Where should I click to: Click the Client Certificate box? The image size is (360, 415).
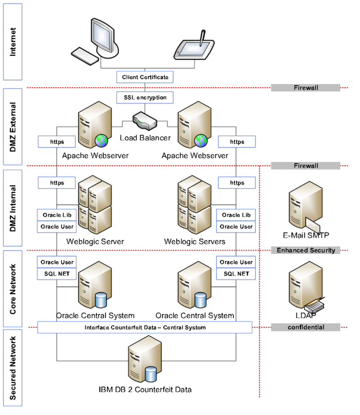coord(145,77)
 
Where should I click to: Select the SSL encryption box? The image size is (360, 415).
coord(145,98)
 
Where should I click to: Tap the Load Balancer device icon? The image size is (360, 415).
coord(145,121)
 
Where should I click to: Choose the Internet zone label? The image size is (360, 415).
coord(12,42)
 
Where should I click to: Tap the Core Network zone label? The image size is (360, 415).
coord(12,288)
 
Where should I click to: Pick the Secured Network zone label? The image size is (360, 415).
coord(12,368)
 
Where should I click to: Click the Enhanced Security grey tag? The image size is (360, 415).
coord(305,250)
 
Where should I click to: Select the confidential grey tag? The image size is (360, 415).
coord(305,327)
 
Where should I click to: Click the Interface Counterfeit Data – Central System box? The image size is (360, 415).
coord(145,327)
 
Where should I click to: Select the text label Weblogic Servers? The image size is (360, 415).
coord(194,242)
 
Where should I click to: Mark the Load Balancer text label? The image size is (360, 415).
coord(145,138)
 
